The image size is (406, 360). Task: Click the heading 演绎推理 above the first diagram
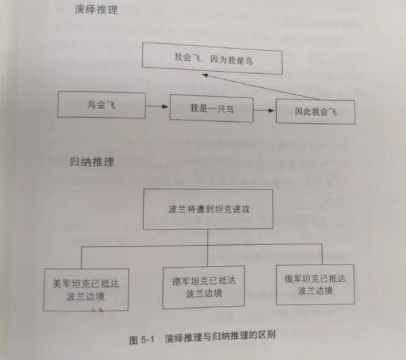[x=96, y=10]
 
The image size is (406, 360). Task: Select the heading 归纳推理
[x=92, y=162]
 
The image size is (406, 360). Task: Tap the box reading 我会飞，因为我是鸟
[x=212, y=58]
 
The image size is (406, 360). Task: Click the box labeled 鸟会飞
[x=101, y=105]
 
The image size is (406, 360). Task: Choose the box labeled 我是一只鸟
[x=212, y=108]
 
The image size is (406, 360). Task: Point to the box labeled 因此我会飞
[x=315, y=112]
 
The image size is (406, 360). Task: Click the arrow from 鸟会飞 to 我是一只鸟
[x=157, y=106]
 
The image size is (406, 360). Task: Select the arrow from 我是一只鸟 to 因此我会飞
[x=264, y=110]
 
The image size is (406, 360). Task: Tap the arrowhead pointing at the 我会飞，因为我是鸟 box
[x=205, y=75]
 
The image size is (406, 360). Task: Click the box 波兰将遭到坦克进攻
[x=208, y=209]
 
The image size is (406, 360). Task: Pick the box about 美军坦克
[x=86, y=290]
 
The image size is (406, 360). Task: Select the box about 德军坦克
[x=204, y=287]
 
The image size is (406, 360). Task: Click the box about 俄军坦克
[x=315, y=285]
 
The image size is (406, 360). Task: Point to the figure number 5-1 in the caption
[x=148, y=339]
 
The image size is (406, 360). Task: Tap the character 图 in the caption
[x=133, y=340]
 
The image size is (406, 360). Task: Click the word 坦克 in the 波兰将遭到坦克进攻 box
[x=223, y=209]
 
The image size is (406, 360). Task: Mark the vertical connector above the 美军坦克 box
[x=81, y=258]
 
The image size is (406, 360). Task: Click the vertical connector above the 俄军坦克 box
[x=322, y=254]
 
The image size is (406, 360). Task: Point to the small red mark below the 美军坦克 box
[x=101, y=309]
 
